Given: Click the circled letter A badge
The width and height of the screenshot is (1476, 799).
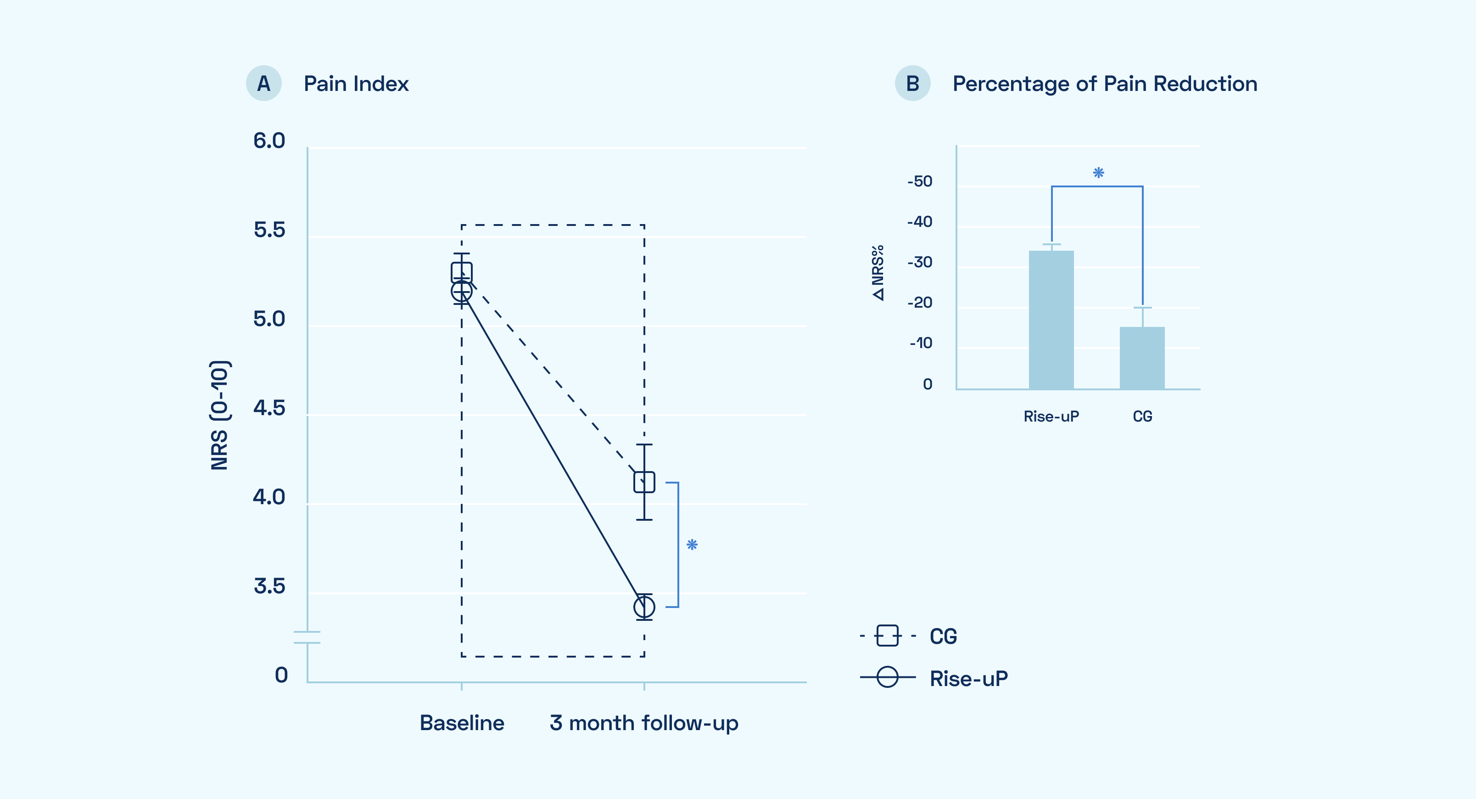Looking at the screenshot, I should (x=263, y=84).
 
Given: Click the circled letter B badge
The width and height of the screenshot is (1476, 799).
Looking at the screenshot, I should (x=912, y=84).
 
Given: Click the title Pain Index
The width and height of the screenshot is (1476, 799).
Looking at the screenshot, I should (x=356, y=84).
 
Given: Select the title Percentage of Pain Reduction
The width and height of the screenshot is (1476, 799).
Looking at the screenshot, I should (x=1105, y=84).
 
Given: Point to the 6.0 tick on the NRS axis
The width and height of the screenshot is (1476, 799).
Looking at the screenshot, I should (x=269, y=141).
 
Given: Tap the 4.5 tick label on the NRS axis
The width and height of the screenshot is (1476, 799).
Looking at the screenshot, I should (x=269, y=408).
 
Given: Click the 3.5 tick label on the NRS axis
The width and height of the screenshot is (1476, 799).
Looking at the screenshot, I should (x=269, y=586).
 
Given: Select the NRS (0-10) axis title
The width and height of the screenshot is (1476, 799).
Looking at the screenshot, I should (x=219, y=415).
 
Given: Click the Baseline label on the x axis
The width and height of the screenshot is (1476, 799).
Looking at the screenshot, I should (x=462, y=723).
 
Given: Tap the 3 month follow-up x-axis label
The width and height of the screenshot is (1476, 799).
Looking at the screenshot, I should (x=644, y=723).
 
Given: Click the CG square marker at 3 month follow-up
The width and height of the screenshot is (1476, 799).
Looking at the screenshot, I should (x=644, y=482).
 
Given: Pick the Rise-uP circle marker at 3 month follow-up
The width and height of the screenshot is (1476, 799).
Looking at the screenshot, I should (x=644, y=607).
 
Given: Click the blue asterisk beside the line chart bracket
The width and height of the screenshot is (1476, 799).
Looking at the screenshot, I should (x=692, y=545).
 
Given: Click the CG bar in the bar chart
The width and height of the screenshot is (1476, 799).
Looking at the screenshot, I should (x=1142, y=358).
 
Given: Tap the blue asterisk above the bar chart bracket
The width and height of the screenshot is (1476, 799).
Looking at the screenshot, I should (x=1098, y=173).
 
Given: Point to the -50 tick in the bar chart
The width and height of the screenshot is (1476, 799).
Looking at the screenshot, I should (x=920, y=182).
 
